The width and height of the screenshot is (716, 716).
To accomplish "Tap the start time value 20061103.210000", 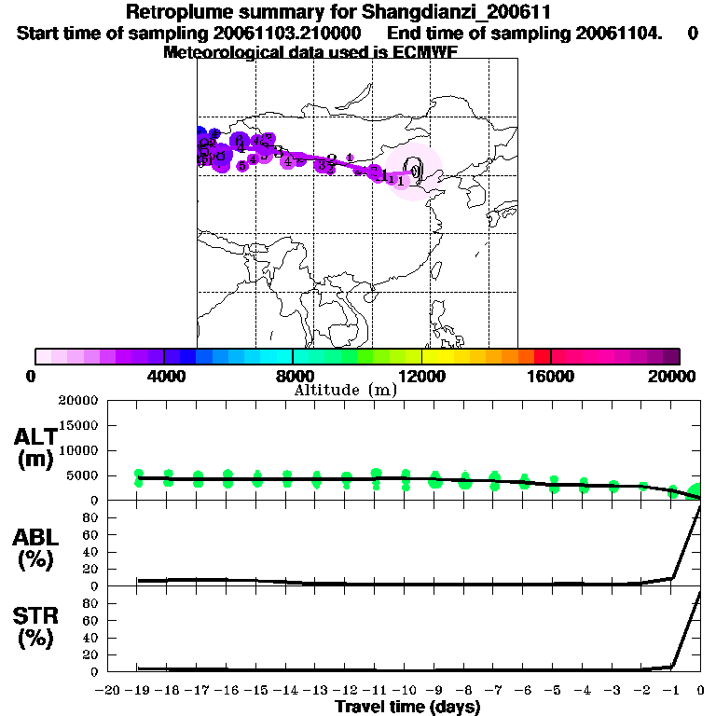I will tap(283, 34).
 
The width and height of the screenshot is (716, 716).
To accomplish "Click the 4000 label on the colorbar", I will tap(163, 376).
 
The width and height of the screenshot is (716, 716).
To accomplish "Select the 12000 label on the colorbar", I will tap(421, 376).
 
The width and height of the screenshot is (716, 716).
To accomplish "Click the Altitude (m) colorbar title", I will tap(346, 390).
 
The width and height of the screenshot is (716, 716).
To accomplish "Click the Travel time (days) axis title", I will tap(407, 707).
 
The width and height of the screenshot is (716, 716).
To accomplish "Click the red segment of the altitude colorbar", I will tap(543, 356).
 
